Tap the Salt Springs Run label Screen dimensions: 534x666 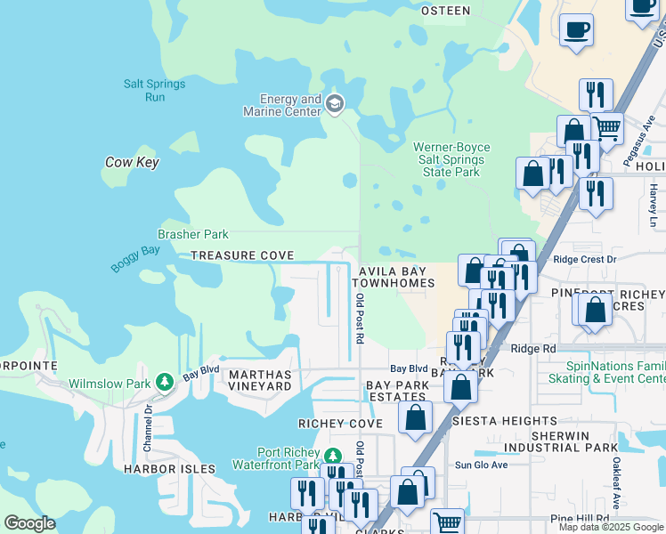155,90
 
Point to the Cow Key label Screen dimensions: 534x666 131,162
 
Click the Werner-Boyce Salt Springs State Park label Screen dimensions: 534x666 451,159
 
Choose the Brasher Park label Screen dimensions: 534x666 193,234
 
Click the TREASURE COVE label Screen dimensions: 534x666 242,255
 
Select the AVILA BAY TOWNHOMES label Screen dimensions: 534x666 396,277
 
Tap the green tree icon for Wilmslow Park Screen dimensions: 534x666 164,382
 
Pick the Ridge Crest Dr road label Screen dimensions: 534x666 584,259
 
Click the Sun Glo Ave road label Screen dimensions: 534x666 481,465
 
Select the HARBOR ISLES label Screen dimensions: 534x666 169,468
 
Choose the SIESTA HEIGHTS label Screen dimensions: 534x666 505,420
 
